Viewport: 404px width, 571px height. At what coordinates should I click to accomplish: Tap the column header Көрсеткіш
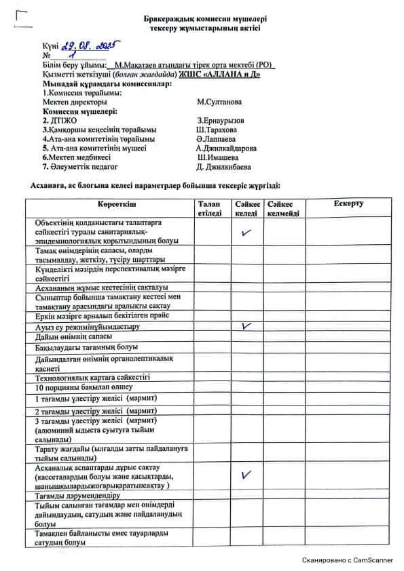tap(107, 203)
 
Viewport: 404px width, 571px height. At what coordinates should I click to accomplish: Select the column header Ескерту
tap(348, 203)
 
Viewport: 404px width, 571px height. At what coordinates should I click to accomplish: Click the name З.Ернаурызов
tap(220, 120)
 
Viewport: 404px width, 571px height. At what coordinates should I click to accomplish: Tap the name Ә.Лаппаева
tap(215, 139)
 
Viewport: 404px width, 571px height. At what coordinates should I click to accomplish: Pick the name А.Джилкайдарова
tap(225, 148)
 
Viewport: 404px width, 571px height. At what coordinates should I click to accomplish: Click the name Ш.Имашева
tap(217, 157)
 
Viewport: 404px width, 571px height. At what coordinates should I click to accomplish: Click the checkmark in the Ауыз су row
tap(246, 326)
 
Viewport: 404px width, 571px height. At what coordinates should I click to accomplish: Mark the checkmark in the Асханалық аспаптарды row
tap(246, 475)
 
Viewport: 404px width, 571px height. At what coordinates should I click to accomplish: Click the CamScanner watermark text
tap(348, 560)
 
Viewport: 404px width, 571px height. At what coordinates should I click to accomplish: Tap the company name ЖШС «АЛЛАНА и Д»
tap(224, 74)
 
